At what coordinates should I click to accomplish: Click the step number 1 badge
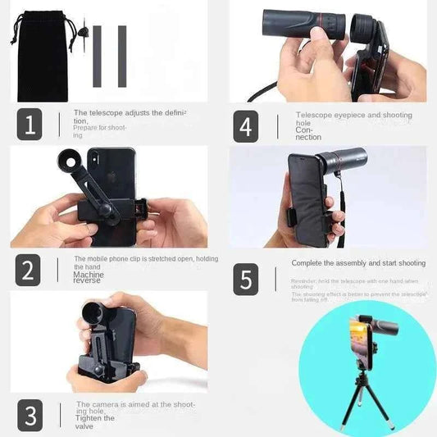point(29,124)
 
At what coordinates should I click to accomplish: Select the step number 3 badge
point(29,416)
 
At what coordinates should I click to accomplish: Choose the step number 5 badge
point(246,279)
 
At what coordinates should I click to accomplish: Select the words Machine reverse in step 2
point(89,277)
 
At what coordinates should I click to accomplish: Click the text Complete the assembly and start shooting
point(358,263)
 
